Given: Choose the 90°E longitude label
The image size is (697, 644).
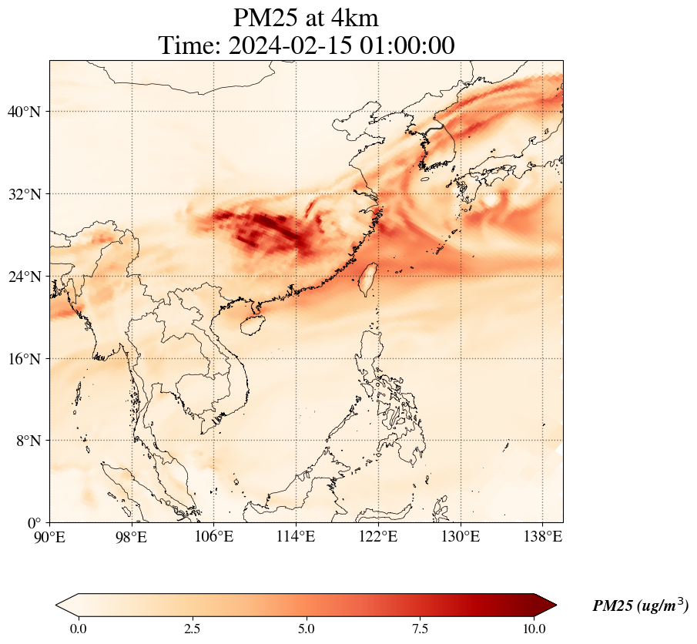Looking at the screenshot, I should pyautogui.click(x=50, y=536).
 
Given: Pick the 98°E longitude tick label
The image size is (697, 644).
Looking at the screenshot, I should pyautogui.click(x=132, y=536).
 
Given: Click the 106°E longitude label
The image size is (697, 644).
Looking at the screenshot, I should pyautogui.click(x=213, y=536).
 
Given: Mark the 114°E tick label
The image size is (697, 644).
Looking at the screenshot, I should pyautogui.click(x=296, y=536).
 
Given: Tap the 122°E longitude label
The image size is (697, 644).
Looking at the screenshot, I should pyautogui.click(x=378, y=536).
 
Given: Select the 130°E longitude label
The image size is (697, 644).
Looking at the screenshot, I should pyautogui.click(x=461, y=536).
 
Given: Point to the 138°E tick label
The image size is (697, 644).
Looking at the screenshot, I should pyautogui.click(x=542, y=536).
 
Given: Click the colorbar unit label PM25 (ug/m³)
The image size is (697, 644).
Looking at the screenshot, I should pyautogui.click(x=640, y=606).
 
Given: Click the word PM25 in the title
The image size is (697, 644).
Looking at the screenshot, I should pyautogui.click(x=268, y=17).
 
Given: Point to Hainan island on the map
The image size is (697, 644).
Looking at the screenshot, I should pyautogui.click(x=251, y=324).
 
